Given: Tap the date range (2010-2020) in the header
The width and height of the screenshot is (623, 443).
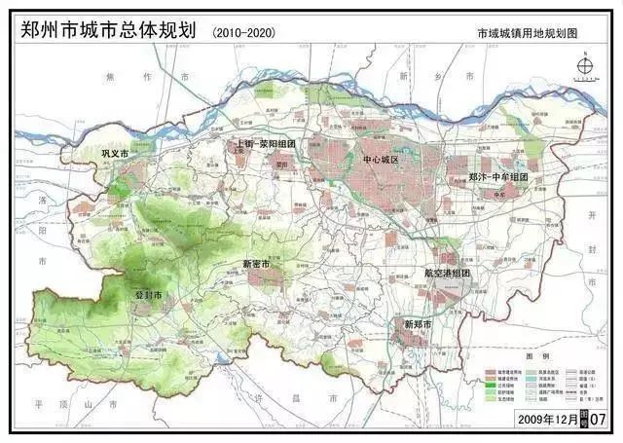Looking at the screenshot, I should pyautogui.click(x=242, y=33).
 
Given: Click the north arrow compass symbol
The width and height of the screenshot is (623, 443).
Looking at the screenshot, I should pyautogui.click(x=585, y=67).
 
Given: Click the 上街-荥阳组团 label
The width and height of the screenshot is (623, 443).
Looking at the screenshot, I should pyautogui.click(x=266, y=143).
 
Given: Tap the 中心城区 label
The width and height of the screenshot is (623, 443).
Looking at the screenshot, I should pyautogui.click(x=381, y=160).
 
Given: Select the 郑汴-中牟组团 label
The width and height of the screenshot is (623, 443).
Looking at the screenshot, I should pyautogui.click(x=497, y=178).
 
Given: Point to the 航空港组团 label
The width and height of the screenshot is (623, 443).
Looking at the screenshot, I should pyautogui.click(x=447, y=274).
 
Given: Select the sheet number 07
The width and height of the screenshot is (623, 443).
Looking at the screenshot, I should pyautogui.click(x=598, y=418).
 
